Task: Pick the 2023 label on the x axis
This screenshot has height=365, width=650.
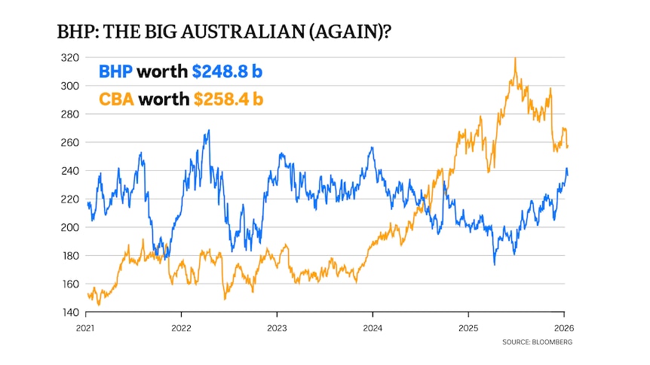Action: (277, 328)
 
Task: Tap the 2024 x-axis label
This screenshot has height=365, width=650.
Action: (372, 328)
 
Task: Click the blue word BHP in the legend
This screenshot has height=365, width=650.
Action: (116, 73)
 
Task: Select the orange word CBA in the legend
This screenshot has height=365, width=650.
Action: (116, 99)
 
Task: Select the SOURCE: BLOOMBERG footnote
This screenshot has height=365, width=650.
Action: (536, 342)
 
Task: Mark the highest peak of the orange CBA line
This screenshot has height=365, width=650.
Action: (515, 58)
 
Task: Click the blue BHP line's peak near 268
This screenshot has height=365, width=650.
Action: (208, 130)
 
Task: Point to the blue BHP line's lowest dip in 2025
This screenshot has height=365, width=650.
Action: (495, 264)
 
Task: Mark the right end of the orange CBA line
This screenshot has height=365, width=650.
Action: (568, 146)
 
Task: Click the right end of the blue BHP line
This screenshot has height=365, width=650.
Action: (568, 174)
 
